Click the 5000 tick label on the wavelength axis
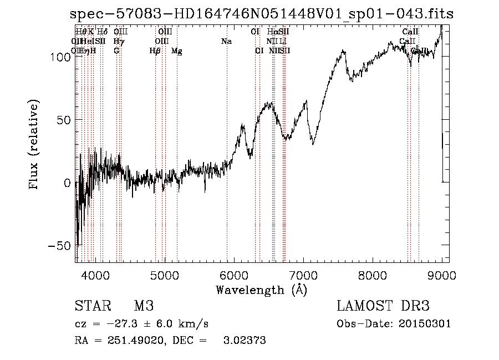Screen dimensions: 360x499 (x=164, y=275)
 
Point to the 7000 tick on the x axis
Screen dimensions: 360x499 (x=303, y=275)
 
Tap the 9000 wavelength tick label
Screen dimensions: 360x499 (x=442, y=275)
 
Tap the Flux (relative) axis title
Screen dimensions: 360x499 (x=34, y=145)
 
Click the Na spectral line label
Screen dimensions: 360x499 (x=226, y=42)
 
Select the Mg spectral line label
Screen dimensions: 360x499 (x=176, y=51)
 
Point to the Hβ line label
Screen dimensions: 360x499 (x=155, y=51)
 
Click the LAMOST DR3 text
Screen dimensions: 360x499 (x=383, y=306)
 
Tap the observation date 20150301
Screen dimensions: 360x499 (x=424, y=324)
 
